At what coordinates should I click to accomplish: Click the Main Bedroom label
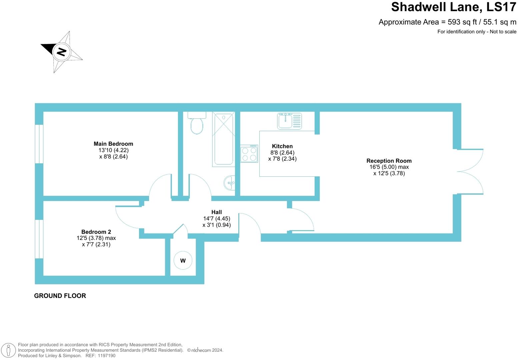pyautogui.click(x=113, y=144)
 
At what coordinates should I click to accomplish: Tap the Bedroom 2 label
pyautogui.click(x=96, y=232)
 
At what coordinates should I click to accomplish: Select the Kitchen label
pyautogui.click(x=282, y=146)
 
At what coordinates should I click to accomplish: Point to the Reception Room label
pyautogui.click(x=389, y=161)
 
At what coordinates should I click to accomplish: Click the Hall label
pyautogui.click(x=216, y=212)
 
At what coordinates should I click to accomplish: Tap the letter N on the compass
pyautogui.click(x=61, y=52)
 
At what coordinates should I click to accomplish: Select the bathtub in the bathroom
pyautogui.click(x=223, y=139)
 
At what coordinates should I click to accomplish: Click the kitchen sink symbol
pyautogui.click(x=289, y=121)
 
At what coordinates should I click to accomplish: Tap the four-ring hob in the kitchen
pyautogui.click(x=249, y=154)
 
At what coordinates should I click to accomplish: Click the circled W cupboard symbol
pyautogui.click(x=183, y=261)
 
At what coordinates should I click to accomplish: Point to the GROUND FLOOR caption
pyautogui.click(x=60, y=296)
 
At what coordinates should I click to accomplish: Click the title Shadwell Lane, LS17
pyautogui.click(x=453, y=7)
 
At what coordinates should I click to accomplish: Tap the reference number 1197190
pyautogui.click(x=107, y=356)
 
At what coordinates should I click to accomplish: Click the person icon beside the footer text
pyautogui.click(x=9, y=350)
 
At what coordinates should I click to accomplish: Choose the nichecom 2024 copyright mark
pyautogui.click(x=205, y=350)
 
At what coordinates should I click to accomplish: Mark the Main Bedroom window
pyautogui.click(x=39, y=144)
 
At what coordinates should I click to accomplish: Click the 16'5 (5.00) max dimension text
pyautogui.click(x=389, y=167)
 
